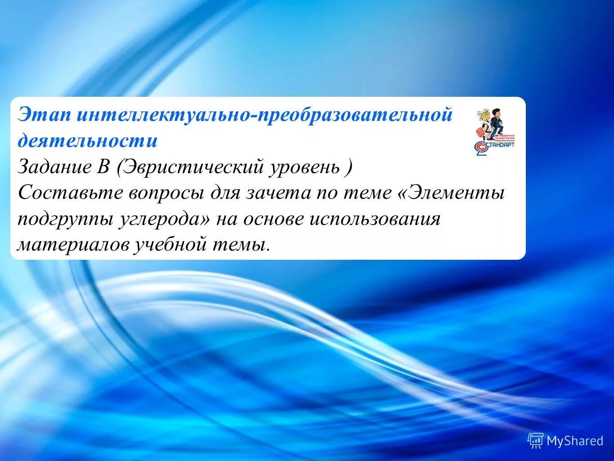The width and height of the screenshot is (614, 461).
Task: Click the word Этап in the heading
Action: pos(44,115)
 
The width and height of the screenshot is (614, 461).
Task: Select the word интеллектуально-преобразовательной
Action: pos(264,115)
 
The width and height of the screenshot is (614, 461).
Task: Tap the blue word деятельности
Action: pos(88,141)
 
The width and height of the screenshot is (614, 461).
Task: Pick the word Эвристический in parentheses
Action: pos(194,167)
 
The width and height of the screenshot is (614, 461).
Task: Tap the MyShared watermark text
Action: pos(574,440)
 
